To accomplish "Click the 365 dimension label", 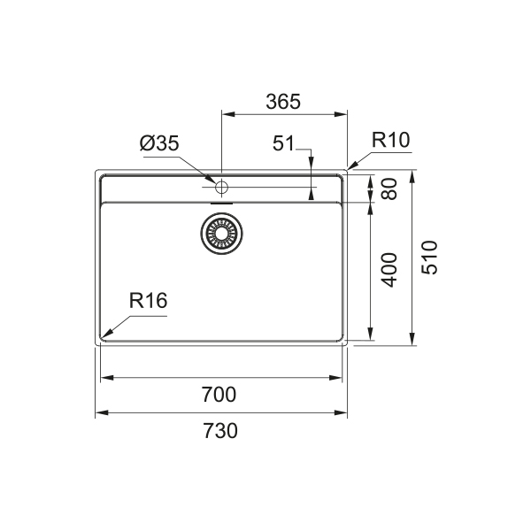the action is pyautogui.click(x=283, y=102).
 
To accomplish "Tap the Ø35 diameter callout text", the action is pyautogui.click(x=159, y=143).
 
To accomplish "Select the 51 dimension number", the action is pyautogui.click(x=284, y=143).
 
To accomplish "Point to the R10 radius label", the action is pyautogui.click(x=391, y=140).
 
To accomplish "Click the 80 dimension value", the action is pyautogui.click(x=390, y=189).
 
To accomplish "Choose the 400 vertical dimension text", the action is pyautogui.click(x=389, y=270).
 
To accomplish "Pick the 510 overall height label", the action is pyautogui.click(x=429, y=258).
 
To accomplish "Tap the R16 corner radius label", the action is pyautogui.click(x=149, y=301).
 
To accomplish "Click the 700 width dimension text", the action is pyautogui.click(x=219, y=395).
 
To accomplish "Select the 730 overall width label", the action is pyautogui.click(x=220, y=431).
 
